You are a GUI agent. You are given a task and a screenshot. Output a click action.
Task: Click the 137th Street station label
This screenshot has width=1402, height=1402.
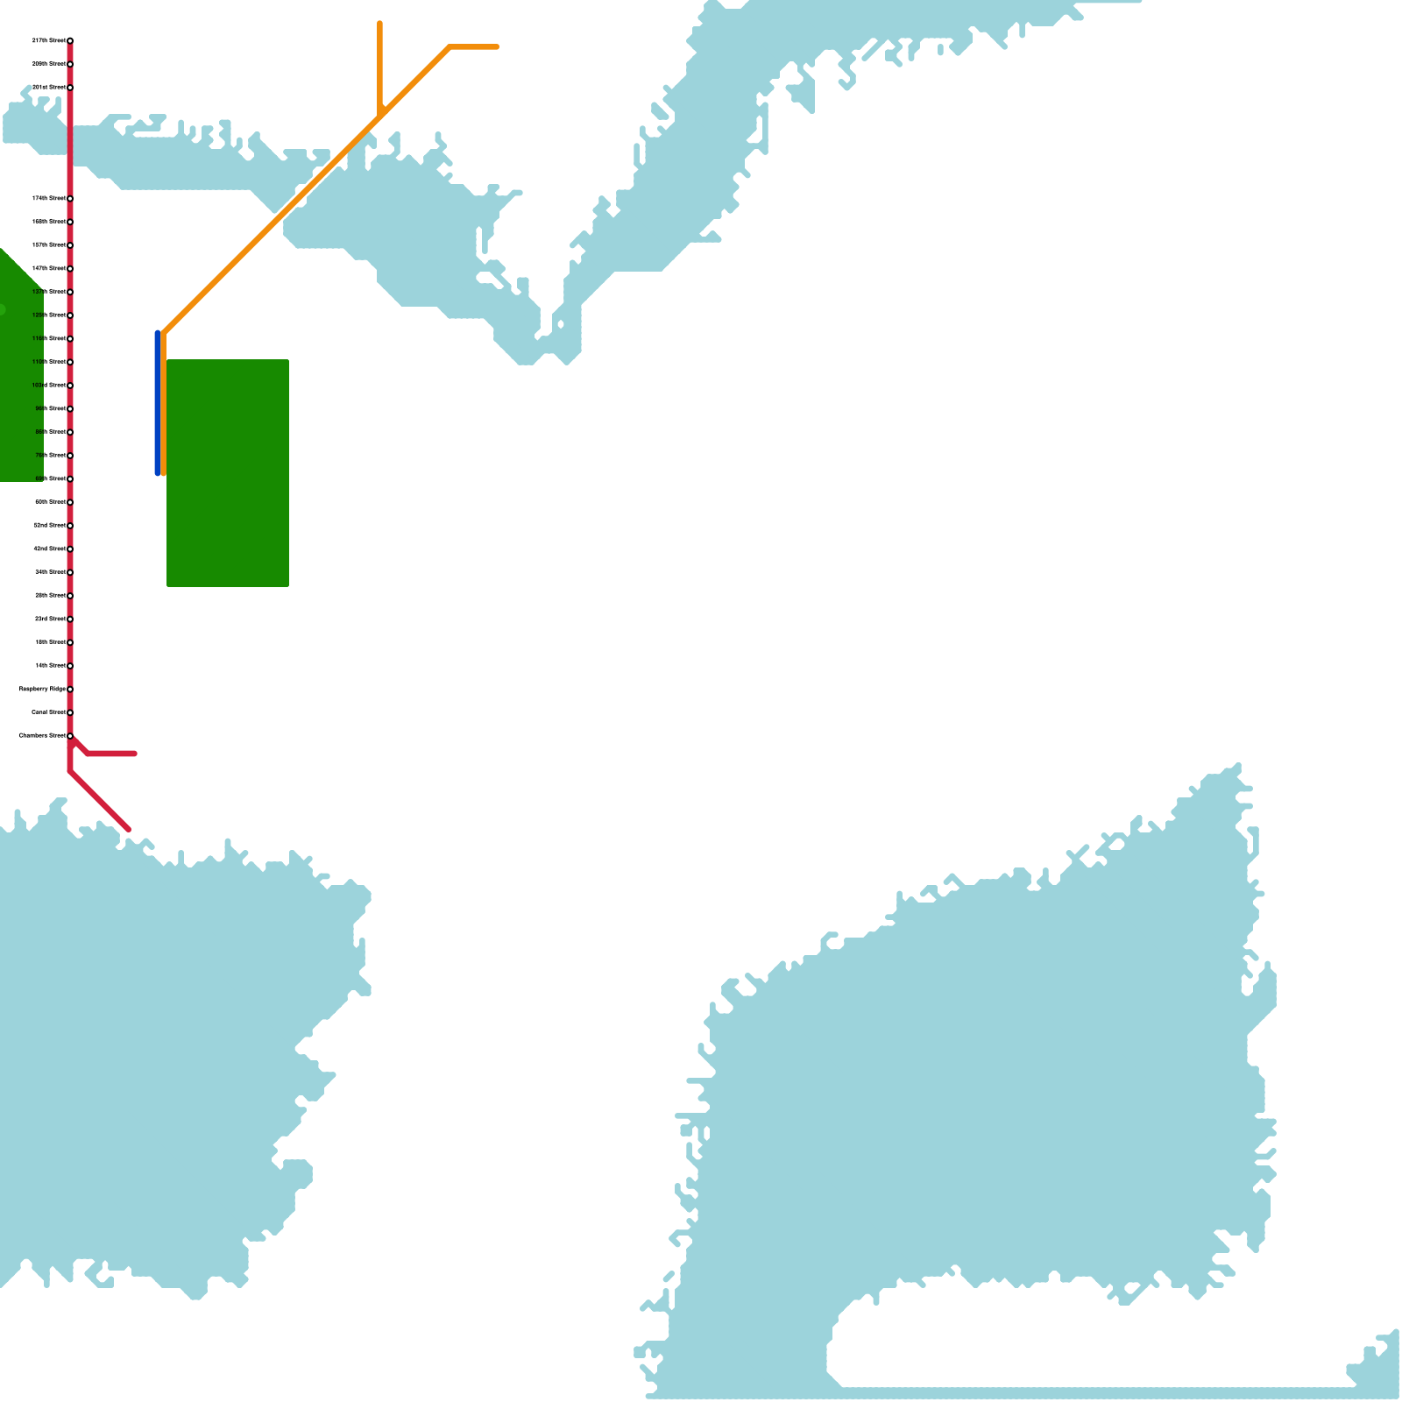click(x=49, y=292)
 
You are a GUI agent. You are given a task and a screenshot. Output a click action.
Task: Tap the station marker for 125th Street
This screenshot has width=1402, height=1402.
click(x=70, y=315)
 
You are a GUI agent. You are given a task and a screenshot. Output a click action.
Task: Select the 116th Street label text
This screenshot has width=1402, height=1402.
click(x=49, y=338)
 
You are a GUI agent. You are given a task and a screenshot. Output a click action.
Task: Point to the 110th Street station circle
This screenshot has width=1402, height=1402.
click(x=70, y=362)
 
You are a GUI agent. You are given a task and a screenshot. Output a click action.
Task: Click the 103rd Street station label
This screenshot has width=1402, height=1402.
click(x=49, y=385)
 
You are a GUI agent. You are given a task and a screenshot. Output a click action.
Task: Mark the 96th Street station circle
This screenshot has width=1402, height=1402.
click(x=70, y=409)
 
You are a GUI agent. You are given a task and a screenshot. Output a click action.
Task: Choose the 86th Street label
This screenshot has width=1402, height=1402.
click(x=50, y=432)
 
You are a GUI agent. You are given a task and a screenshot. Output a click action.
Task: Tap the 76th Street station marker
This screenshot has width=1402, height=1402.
click(x=70, y=456)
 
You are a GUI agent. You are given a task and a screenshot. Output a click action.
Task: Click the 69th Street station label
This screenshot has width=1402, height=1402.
click(x=50, y=478)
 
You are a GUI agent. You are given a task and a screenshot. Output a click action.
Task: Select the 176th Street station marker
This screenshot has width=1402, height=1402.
click(x=70, y=199)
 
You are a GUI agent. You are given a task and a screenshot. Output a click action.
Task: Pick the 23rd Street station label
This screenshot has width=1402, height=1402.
click(x=50, y=619)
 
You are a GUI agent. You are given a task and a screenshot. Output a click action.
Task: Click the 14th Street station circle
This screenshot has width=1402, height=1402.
click(x=70, y=666)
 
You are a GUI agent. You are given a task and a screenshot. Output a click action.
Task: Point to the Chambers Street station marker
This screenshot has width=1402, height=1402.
click(x=70, y=736)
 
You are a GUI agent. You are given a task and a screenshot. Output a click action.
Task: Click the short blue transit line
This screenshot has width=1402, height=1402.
click(x=158, y=403)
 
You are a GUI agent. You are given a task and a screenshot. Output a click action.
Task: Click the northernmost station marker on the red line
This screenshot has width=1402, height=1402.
click(x=70, y=41)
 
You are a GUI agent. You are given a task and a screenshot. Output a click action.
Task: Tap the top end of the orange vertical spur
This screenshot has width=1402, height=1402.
click(x=379, y=23)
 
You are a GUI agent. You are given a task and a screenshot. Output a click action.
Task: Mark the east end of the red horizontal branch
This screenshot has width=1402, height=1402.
click(x=134, y=754)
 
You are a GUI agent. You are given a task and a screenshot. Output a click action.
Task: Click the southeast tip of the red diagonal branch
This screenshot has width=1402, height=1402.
click(x=129, y=829)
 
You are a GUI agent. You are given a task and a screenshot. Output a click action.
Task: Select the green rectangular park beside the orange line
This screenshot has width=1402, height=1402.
click(x=228, y=473)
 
